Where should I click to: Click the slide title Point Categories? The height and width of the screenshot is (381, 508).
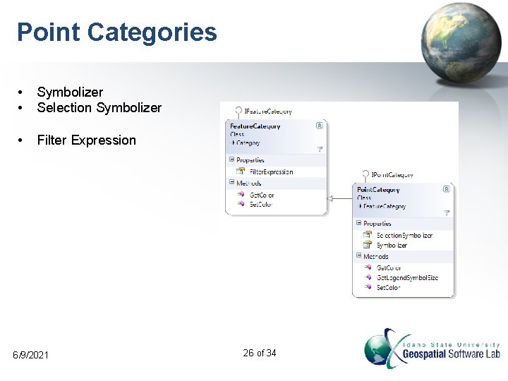click(x=117, y=32)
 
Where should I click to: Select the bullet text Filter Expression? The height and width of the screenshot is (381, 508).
click(x=86, y=140)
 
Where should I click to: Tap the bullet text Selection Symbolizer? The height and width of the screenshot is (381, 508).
click(x=99, y=108)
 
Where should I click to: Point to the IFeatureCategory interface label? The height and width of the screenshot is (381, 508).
click(x=267, y=111)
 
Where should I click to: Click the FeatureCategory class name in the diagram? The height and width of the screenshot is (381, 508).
click(x=255, y=126)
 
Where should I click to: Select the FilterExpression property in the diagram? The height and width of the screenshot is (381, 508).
click(x=271, y=171)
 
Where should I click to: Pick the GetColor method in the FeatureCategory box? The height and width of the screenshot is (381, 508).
click(x=262, y=195)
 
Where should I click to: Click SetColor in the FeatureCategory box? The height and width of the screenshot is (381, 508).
click(x=261, y=204)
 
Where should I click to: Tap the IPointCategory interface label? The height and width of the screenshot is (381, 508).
click(x=392, y=174)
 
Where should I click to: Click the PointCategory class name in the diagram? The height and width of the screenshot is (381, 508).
click(x=379, y=190)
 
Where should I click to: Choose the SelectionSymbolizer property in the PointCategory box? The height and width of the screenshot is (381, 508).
click(x=404, y=235)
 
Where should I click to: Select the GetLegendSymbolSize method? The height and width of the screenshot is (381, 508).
click(x=407, y=277)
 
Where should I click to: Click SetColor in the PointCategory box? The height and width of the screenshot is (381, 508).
click(x=388, y=287)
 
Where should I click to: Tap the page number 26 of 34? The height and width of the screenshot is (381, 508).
click(x=259, y=353)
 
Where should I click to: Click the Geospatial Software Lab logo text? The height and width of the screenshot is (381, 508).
click(x=451, y=353)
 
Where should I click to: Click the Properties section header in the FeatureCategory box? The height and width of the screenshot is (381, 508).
click(x=250, y=160)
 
